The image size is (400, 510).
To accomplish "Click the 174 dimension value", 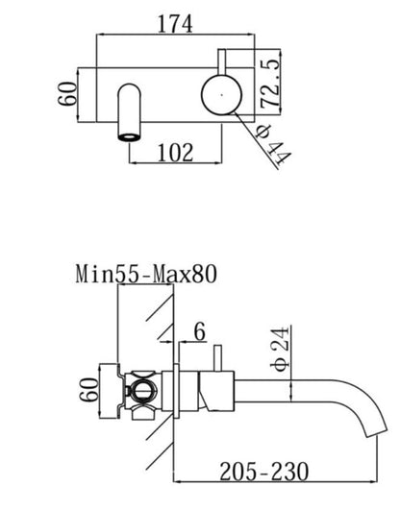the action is click(x=175, y=24).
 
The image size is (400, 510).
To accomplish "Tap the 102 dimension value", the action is click(x=175, y=152).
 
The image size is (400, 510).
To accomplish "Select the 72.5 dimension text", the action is click(x=270, y=83).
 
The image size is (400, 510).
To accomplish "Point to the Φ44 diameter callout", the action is click(x=274, y=144).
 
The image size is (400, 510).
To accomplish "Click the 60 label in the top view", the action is click(x=67, y=94).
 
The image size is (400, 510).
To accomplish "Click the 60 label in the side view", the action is click(x=88, y=389).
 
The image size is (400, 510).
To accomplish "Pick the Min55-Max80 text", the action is click(x=146, y=274).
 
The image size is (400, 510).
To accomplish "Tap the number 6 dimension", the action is click(x=199, y=331).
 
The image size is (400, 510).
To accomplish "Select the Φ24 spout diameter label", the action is click(x=280, y=348).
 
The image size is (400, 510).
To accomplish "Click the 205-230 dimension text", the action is click(x=264, y=472).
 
